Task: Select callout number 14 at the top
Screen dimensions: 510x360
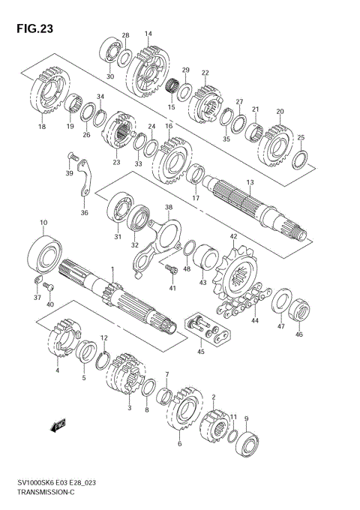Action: click(x=148, y=34)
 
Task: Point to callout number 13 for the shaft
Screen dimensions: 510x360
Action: click(x=250, y=182)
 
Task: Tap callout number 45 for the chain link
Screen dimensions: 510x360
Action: click(x=199, y=352)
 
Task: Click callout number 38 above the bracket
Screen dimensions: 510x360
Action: click(x=169, y=207)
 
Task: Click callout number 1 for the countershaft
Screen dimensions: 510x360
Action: click(x=112, y=270)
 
